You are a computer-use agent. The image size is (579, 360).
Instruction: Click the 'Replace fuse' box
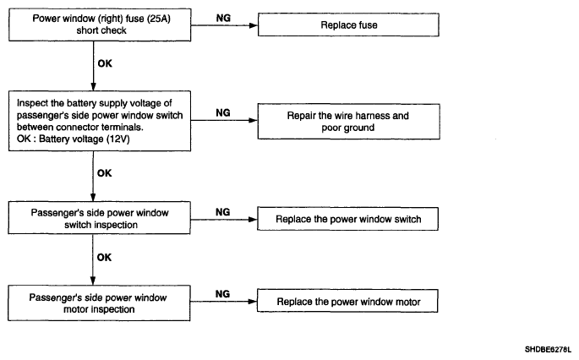(348, 25)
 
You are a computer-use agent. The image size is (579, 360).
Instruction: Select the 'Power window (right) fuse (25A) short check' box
(100, 25)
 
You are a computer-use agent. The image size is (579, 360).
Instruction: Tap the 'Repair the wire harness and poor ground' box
(348, 122)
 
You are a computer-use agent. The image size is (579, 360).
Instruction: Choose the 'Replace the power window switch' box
(348, 219)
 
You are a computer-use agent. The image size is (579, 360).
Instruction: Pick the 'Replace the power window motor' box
(347, 301)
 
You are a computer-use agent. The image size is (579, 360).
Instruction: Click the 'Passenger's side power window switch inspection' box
(100, 218)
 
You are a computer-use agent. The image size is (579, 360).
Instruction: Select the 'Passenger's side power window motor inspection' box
(99, 303)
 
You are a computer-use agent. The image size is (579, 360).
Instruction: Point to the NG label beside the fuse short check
(223, 18)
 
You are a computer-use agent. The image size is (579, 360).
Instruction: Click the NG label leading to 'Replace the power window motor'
(222, 294)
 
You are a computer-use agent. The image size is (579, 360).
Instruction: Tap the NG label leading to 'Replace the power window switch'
(222, 212)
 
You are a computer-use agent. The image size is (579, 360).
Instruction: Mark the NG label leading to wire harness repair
(223, 112)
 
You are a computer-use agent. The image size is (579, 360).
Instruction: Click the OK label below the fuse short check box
(105, 63)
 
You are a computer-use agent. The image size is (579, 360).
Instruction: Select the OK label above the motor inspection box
(104, 258)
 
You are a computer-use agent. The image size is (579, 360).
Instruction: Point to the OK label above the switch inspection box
(105, 173)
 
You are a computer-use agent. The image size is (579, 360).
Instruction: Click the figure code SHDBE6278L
(548, 349)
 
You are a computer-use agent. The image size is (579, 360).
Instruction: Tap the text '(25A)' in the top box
(159, 19)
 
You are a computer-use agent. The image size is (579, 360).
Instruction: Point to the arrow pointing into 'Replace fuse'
(224, 25)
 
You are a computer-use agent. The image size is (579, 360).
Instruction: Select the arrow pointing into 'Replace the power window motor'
(223, 302)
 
